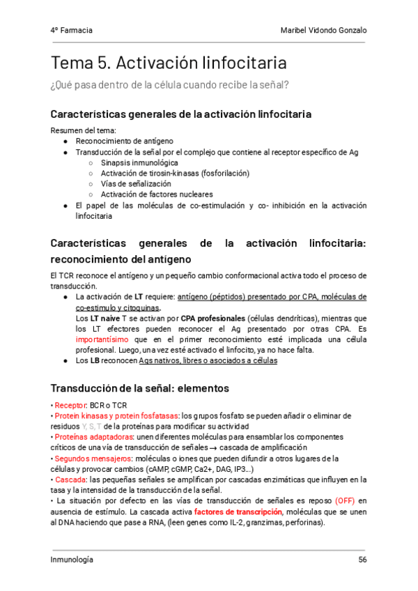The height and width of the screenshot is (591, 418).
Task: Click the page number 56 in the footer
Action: pyautogui.click(x=362, y=560)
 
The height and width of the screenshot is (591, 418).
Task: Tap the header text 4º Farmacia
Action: pyautogui.click(x=72, y=31)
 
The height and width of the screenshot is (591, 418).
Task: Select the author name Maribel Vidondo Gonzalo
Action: pyautogui.click(x=323, y=31)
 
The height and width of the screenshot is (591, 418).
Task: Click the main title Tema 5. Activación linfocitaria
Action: pyautogui.click(x=168, y=63)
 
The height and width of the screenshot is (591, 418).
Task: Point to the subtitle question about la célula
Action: pyautogui.click(x=170, y=85)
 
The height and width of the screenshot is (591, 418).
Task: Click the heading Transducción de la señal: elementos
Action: pyautogui.click(x=140, y=387)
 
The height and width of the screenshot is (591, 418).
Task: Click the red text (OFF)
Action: pyautogui.click(x=346, y=500)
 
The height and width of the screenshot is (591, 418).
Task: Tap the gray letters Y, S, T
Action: pyautogui.click(x=91, y=426)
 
